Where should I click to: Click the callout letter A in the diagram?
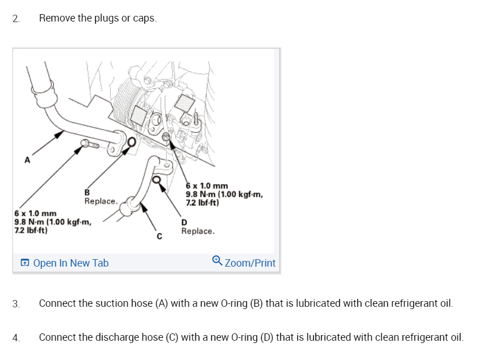[26, 161]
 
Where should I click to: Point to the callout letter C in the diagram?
[159, 236]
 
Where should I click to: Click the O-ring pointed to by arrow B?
[131, 142]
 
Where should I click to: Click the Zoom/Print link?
[250, 263]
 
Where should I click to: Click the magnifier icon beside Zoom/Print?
[217, 261]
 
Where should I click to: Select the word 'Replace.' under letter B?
[101, 201]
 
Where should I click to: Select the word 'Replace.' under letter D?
[198, 231]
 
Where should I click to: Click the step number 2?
[15, 18]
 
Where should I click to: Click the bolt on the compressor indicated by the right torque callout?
[165, 137]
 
